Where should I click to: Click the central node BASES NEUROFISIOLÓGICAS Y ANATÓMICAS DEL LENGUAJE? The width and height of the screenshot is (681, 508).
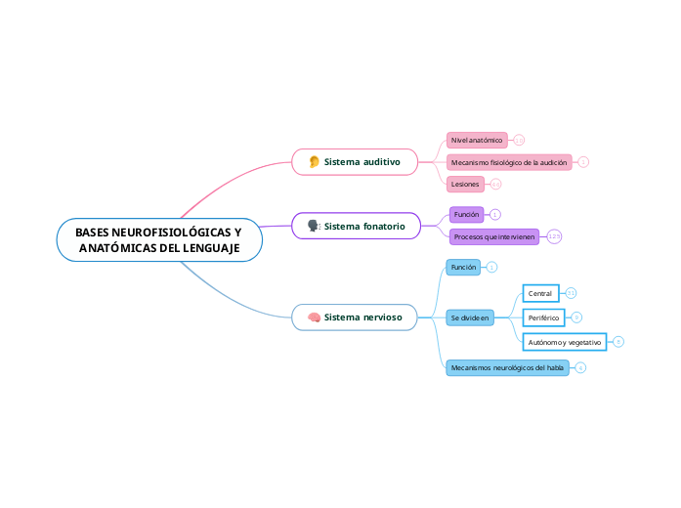[x=159, y=240]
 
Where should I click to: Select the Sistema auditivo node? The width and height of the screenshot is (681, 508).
[x=356, y=161]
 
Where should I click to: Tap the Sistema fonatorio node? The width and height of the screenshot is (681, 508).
[x=356, y=226]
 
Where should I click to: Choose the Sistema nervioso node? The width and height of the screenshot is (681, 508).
[x=355, y=317]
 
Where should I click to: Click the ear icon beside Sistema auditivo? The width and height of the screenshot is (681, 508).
[x=315, y=161]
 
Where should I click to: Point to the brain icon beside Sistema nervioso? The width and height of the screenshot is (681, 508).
[x=314, y=317]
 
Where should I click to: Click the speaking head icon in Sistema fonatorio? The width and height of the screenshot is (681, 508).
[x=314, y=226]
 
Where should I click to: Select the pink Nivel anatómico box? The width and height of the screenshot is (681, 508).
[x=477, y=141]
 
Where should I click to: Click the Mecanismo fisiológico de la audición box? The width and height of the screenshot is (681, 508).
[x=509, y=162]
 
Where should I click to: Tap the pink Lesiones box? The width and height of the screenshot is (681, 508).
[x=465, y=184]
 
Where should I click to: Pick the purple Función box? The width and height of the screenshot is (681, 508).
[x=466, y=214]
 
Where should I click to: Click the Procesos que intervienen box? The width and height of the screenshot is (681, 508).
[x=493, y=236]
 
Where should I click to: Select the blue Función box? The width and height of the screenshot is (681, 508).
[x=463, y=267]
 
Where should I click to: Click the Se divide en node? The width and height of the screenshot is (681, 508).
[x=470, y=317]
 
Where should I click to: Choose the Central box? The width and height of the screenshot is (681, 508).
[x=540, y=293]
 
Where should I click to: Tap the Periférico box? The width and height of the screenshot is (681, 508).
[x=543, y=317]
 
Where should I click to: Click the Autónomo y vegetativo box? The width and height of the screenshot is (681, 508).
[x=564, y=342]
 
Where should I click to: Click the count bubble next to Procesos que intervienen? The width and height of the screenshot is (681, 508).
[x=554, y=236]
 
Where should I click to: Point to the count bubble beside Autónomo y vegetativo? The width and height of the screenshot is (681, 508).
[x=618, y=342]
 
